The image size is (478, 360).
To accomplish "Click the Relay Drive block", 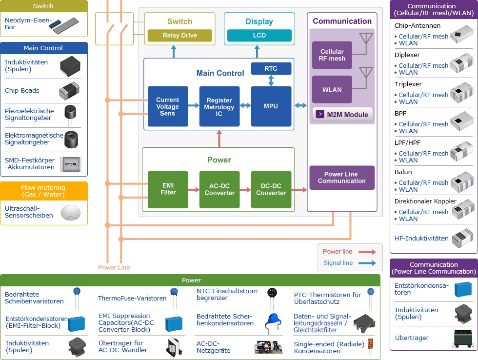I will pos(180,36).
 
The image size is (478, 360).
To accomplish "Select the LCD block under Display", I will pos(259,36).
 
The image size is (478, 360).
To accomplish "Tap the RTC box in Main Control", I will pos(271,69).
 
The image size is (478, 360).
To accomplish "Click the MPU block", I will pos(271,106).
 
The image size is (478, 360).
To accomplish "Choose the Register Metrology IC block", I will pos(219,106).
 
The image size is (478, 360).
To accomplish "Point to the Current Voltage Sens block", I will pos(167,106).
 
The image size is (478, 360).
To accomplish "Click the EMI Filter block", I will pos(168,189).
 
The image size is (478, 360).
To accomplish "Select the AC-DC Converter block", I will pos(219,189).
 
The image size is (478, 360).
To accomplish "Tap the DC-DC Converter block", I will pos(271,189).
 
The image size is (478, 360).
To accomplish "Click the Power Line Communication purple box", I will pos(341,178).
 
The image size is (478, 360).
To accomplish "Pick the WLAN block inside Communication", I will pos(332,90).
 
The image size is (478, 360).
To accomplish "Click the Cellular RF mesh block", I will pos(332,55).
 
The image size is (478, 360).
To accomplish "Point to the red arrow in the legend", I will pos(367,252).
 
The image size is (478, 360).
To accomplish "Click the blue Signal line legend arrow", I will pos(367,263).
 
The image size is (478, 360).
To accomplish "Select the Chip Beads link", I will pos(22,91).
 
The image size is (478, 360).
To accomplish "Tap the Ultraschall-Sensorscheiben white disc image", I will pos(70,212).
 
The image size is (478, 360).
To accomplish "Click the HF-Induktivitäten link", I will pos(421,239).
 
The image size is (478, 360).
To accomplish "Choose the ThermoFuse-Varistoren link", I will pos(132,298).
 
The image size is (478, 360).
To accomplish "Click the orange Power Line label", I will pos(114,267).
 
